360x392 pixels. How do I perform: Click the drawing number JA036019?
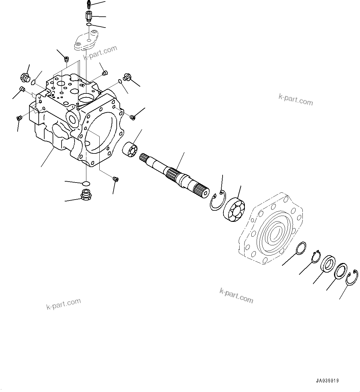[327, 381]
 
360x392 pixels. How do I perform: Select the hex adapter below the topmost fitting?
[88, 15]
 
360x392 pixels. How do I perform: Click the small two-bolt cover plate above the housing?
[86, 41]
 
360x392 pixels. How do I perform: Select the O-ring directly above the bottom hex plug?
[87, 183]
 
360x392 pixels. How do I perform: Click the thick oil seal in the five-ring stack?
[327, 264]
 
